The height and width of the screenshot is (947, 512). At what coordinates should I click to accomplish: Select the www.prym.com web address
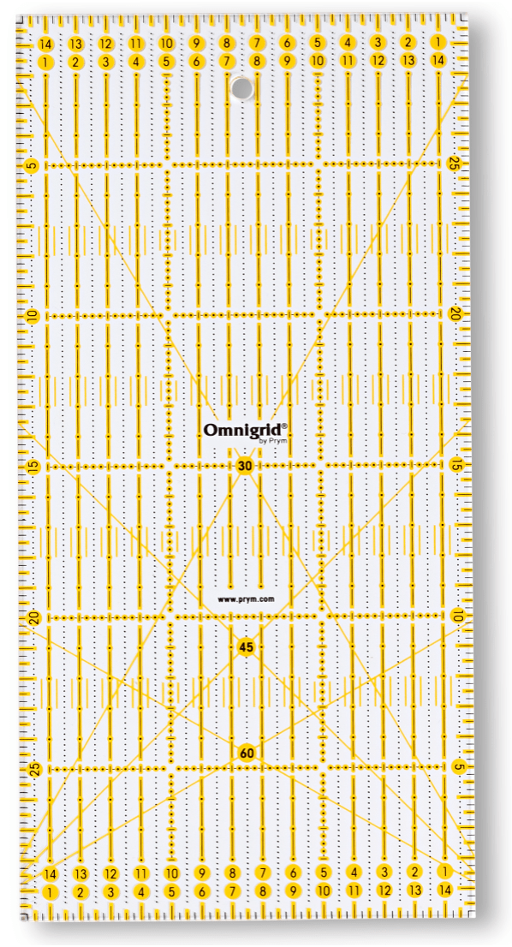245,599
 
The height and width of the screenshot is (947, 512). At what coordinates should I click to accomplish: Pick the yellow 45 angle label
247,647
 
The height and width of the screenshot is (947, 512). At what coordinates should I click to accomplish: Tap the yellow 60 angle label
247,753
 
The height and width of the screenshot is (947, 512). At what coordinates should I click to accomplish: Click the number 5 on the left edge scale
32,165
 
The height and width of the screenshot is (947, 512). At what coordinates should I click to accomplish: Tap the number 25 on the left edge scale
33,769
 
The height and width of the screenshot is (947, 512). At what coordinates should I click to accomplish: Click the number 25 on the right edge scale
455,164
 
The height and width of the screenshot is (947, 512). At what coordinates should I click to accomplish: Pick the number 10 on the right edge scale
458,616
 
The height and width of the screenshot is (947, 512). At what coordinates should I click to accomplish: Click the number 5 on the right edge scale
459,767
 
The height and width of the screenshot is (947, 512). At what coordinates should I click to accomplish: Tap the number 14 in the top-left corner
46,44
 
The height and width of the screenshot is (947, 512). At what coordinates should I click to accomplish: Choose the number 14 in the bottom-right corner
444,891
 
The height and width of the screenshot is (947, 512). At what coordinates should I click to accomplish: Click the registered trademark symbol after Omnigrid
284,425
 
